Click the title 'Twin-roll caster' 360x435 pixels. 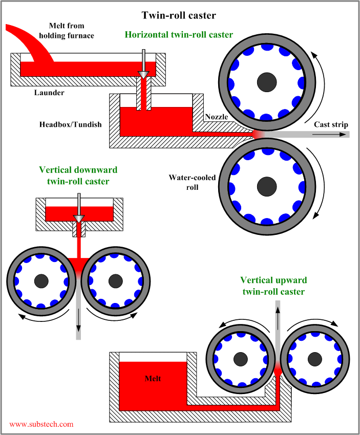pyautogui.click(x=179, y=15)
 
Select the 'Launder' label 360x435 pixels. pyautogui.click(x=49, y=93)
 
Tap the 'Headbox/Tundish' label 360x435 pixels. pyautogui.click(x=70, y=124)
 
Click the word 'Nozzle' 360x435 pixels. pyautogui.click(x=216, y=117)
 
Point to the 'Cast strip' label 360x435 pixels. pyautogui.click(x=330, y=125)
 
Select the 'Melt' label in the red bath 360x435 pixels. pyautogui.click(x=152, y=379)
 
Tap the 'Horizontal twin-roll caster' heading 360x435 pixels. pyautogui.click(x=179, y=35)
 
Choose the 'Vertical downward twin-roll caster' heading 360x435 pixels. pyautogui.click(x=78, y=175)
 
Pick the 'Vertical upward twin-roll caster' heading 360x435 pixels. pyautogui.click(x=273, y=286)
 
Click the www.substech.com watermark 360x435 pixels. pyautogui.click(x=41, y=424)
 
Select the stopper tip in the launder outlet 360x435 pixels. pyautogui.click(x=144, y=74)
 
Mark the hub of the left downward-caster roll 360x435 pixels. pyautogui.click(x=41, y=280)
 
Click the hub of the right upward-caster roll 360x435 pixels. pyautogui.click(x=314, y=359)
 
